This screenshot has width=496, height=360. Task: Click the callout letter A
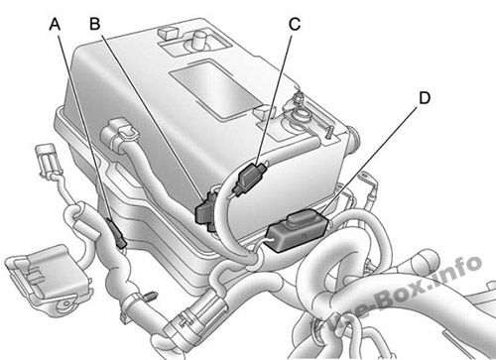pos(55,24)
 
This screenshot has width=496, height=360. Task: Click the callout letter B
pos(95,24)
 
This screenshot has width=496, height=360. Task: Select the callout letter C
pos(295,24)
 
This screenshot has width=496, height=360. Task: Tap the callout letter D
pos(425,98)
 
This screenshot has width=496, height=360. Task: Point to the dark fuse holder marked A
pos(117,233)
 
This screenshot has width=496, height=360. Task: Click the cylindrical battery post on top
pos(199,41)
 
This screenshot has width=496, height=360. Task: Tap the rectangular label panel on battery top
pos(211,88)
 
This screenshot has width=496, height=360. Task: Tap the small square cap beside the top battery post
pos(169,33)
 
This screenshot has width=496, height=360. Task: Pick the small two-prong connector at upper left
pos(48,161)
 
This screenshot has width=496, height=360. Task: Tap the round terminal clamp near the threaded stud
pos(300,115)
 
